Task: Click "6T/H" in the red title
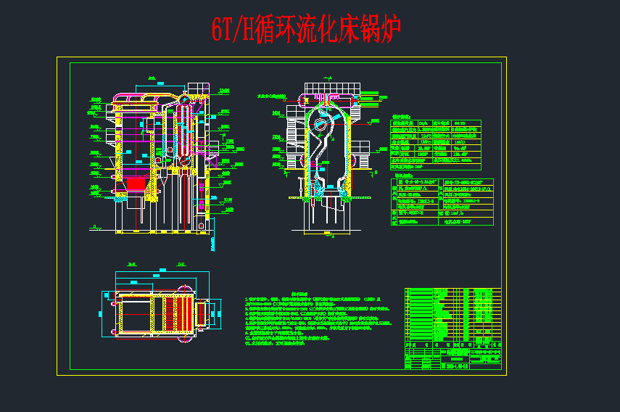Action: (x=231, y=30)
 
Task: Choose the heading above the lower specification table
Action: (x=402, y=175)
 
